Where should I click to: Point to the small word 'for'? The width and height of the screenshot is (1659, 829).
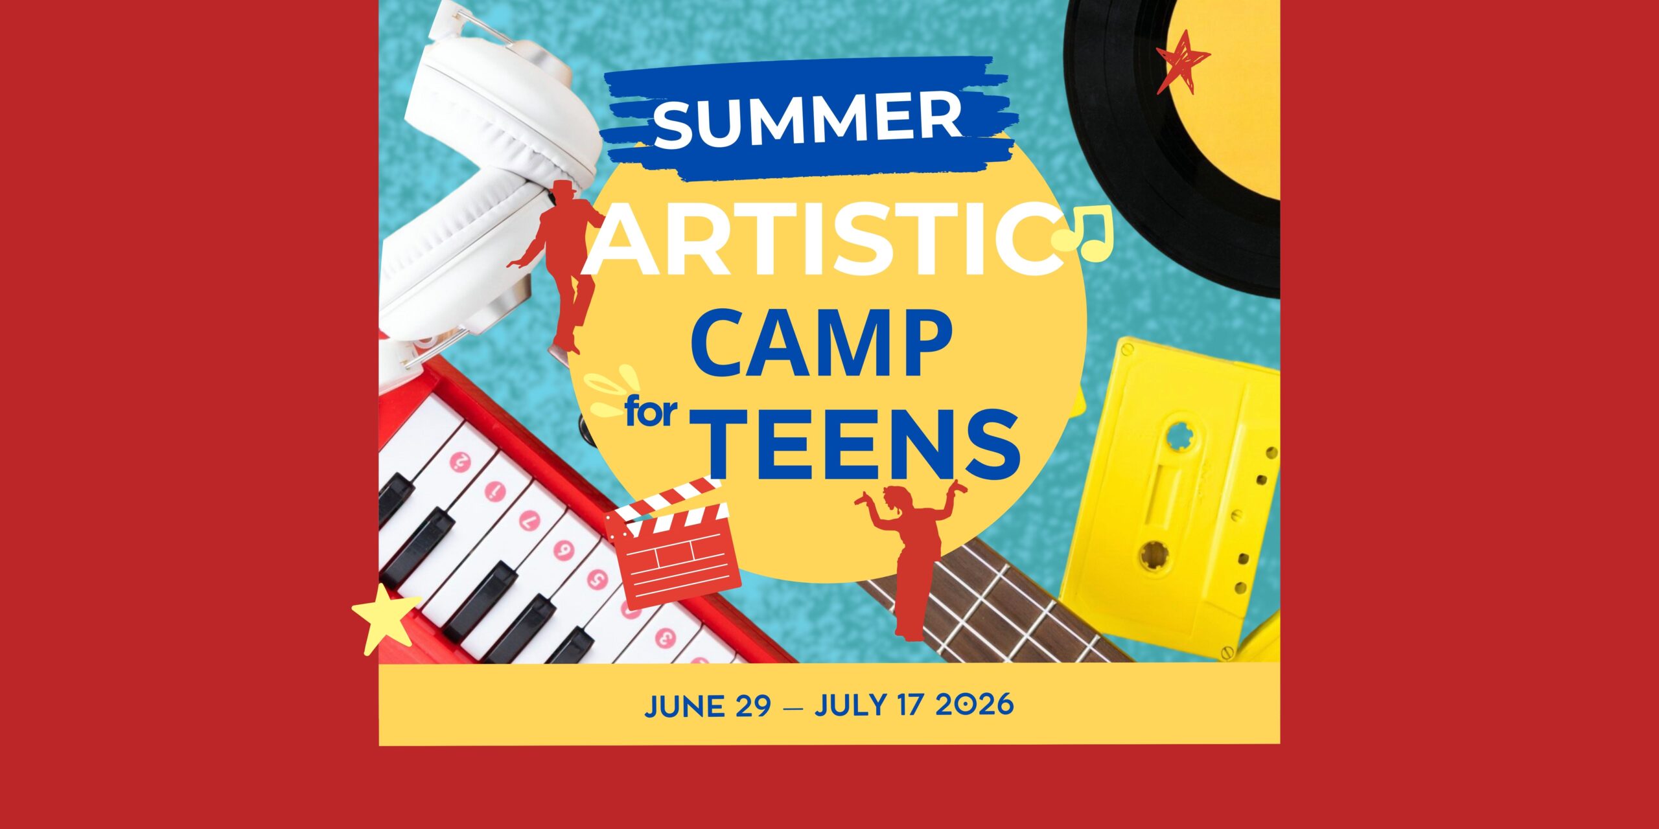pyautogui.click(x=651, y=413)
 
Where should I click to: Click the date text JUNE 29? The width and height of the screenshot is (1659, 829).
pyautogui.click(x=708, y=706)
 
